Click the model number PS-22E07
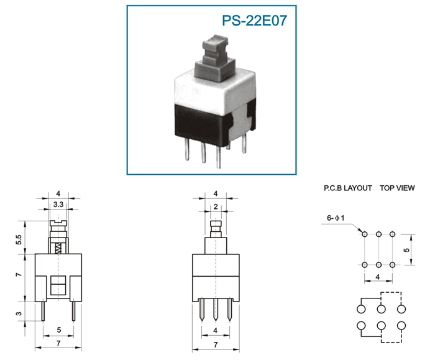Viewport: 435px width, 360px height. coord(254,21)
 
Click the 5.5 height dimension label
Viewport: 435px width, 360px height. coord(18,239)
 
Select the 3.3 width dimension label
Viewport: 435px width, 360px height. coord(58,205)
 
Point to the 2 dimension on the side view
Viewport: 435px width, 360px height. coord(216,207)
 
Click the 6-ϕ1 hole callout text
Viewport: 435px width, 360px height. coord(336,218)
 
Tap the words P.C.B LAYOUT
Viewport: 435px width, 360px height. coord(347,188)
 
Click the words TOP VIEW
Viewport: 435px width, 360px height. coord(397,188)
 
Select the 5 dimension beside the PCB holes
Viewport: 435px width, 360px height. coord(406,250)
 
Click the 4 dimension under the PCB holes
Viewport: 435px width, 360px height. coord(378,277)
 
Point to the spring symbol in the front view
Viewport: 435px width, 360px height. coord(58,248)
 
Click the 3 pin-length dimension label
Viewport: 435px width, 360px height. coord(18,313)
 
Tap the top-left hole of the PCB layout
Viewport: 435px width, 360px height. coord(365,234)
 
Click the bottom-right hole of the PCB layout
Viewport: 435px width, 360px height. coord(392,265)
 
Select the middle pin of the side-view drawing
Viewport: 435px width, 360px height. coord(216,310)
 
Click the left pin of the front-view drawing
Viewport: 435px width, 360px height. coord(43,311)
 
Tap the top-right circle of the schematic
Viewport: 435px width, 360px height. coord(401,308)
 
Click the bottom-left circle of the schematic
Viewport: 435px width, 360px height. coord(361,325)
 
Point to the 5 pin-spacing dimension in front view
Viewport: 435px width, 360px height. coord(59,330)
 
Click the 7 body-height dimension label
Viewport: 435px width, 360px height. coord(18,275)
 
